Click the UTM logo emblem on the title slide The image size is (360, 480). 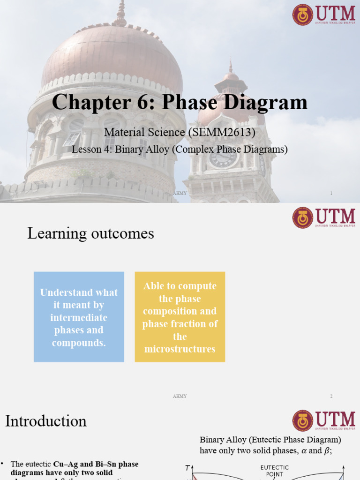[x=303, y=15]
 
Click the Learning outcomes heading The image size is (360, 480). [x=90, y=233]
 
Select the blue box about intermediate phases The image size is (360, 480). [x=79, y=317]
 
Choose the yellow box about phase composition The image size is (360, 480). [x=180, y=317]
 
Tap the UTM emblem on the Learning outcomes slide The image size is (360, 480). [x=303, y=218]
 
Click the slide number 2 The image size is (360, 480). [x=331, y=396]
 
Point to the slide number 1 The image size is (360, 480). [x=331, y=193]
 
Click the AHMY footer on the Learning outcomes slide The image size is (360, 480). [x=180, y=396]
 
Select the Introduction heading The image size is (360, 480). [x=46, y=420]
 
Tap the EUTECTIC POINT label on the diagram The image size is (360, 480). [x=275, y=471]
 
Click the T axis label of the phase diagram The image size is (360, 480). [x=187, y=468]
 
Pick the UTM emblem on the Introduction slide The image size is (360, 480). [x=303, y=420]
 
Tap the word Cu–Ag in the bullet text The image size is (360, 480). [x=63, y=464]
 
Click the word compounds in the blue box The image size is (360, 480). [x=79, y=343]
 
